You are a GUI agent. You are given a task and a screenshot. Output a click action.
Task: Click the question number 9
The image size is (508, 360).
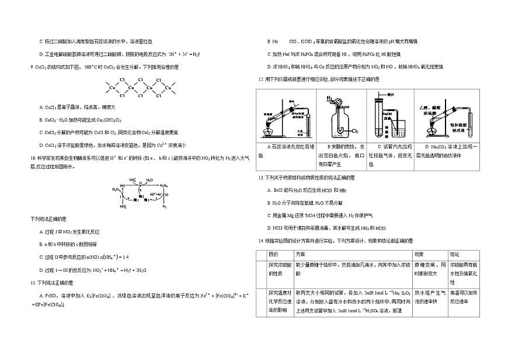coord(31,67)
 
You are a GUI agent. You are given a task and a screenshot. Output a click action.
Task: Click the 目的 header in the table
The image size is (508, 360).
coord(273,254)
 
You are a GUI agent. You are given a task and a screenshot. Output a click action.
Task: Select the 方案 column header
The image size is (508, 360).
coord(300,254)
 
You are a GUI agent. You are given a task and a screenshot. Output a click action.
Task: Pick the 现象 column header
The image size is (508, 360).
coord(419,254)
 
